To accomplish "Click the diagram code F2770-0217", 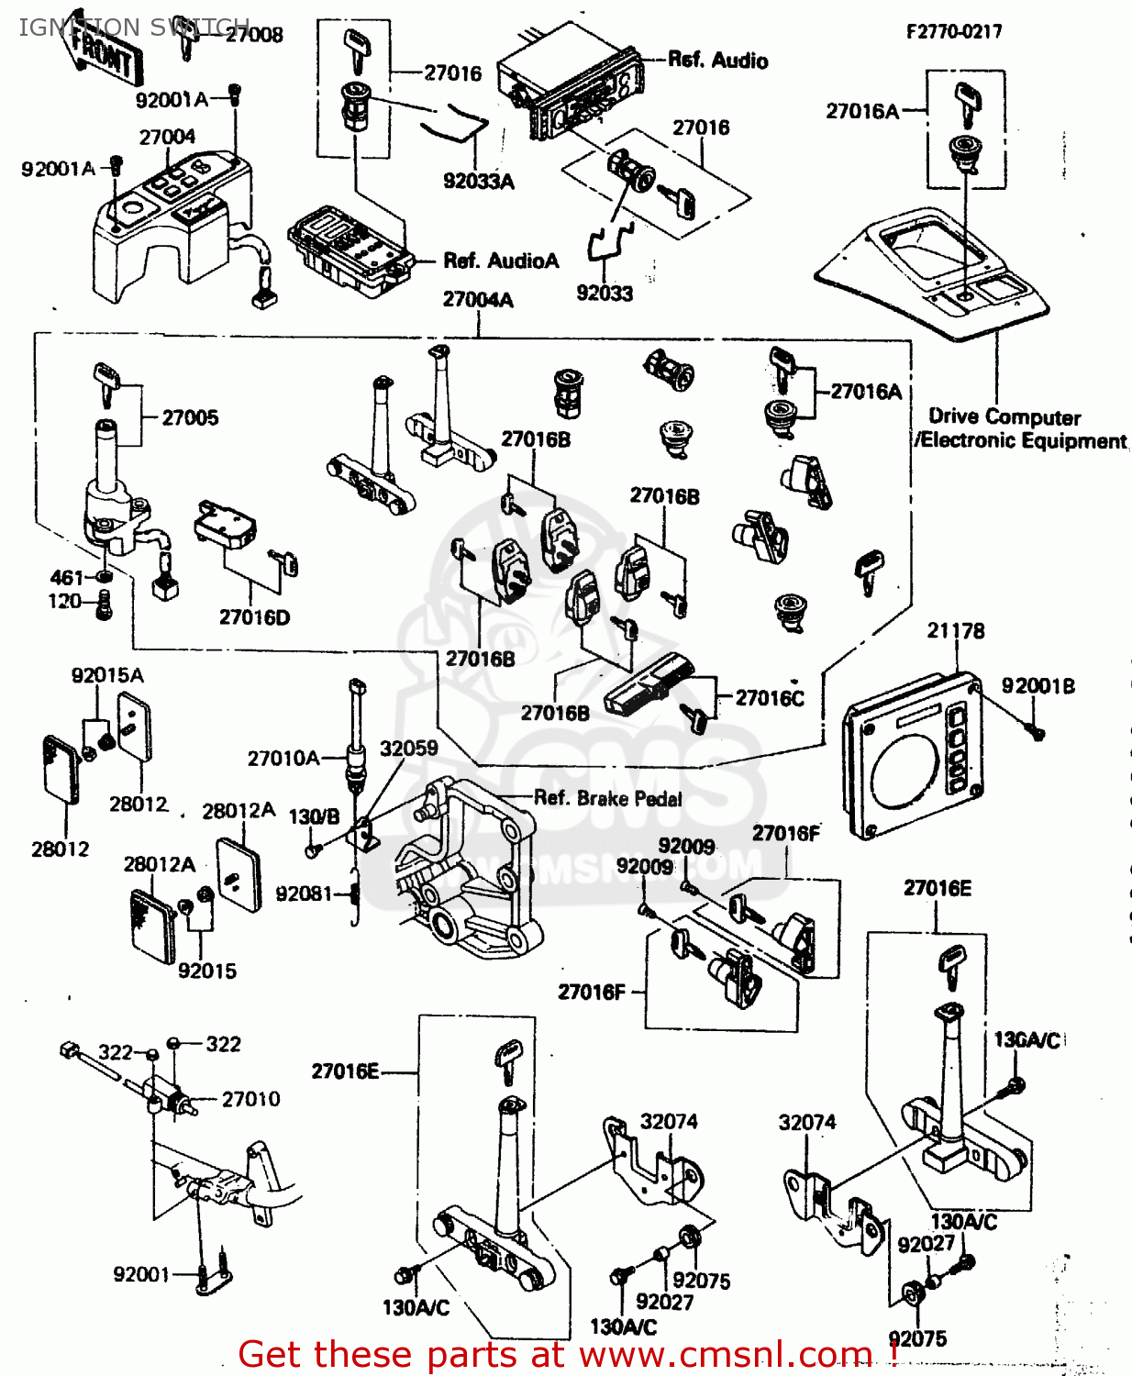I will tap(954, 31).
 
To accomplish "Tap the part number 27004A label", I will tap(478, 300).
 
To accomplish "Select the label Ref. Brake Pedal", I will tap(607, 798).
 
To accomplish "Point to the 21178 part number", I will tap(955, 631).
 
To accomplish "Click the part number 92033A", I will tap(478, 182).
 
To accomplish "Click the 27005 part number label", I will tap(190, 418).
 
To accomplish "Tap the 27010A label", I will tap(283, 759).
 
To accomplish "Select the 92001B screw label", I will tap(1038, 686).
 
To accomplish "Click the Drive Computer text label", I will tap(1004, 417).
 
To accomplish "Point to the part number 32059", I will tap(408, 749).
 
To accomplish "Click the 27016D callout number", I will tap(254, 617).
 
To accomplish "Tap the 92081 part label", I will tap(304, 893).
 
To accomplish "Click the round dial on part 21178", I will tap(905, 771).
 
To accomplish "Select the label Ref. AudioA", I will tap(501, 261).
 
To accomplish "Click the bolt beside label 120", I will tap(105, 605).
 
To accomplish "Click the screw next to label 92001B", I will tap(1037, 731).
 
